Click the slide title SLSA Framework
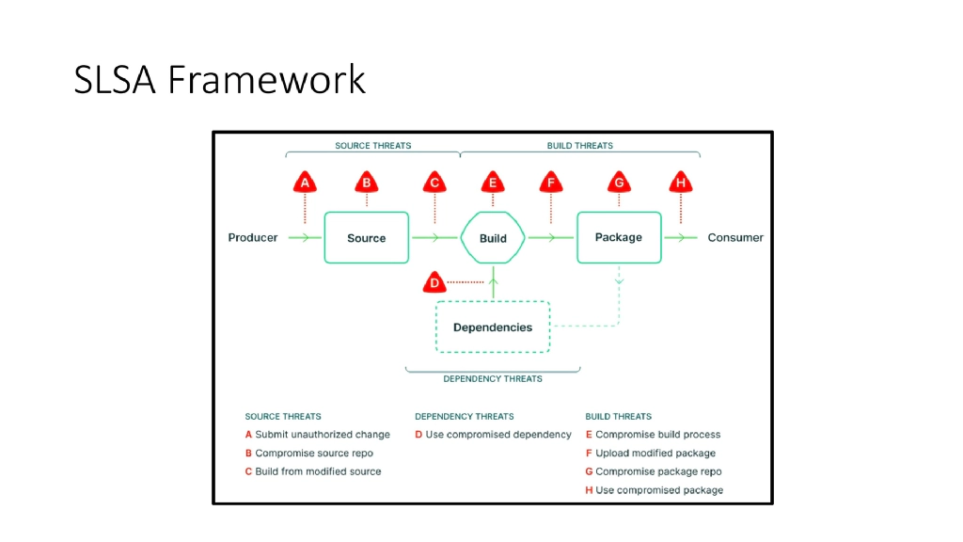click(x=219, y=80)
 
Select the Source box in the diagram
click(x=367, y=238)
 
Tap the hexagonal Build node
click(x=493, y=238)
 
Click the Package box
click(x=618, y=237)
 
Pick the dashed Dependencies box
click(x=493, y=327)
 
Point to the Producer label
click(x=253, y=238)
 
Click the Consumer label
click(x=735, y=238)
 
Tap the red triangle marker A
click(x=304, y=183)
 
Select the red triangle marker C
click(x=434, y=183)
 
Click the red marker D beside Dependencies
click(x=434, y=281)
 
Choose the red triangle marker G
click(x=619, y=183)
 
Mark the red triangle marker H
click(x=681, y=183)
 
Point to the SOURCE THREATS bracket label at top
click(x=373, y=146)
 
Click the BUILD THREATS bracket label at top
click(x=580, y=146)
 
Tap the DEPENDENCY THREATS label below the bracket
click(x=493, y=379)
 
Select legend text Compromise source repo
click(x=314, y=454)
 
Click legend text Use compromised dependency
click(x=498, y=435)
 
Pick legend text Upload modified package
click(x=655, y=454)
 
